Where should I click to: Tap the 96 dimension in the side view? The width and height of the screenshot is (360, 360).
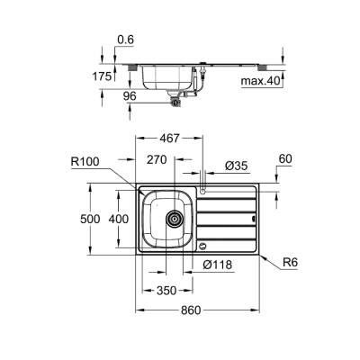tap(130, 94)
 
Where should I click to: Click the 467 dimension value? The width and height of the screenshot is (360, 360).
tap(162, 139)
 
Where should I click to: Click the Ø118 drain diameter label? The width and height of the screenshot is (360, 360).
tap(219, 265)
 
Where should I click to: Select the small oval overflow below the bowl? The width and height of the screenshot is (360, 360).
tap(203, 244)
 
